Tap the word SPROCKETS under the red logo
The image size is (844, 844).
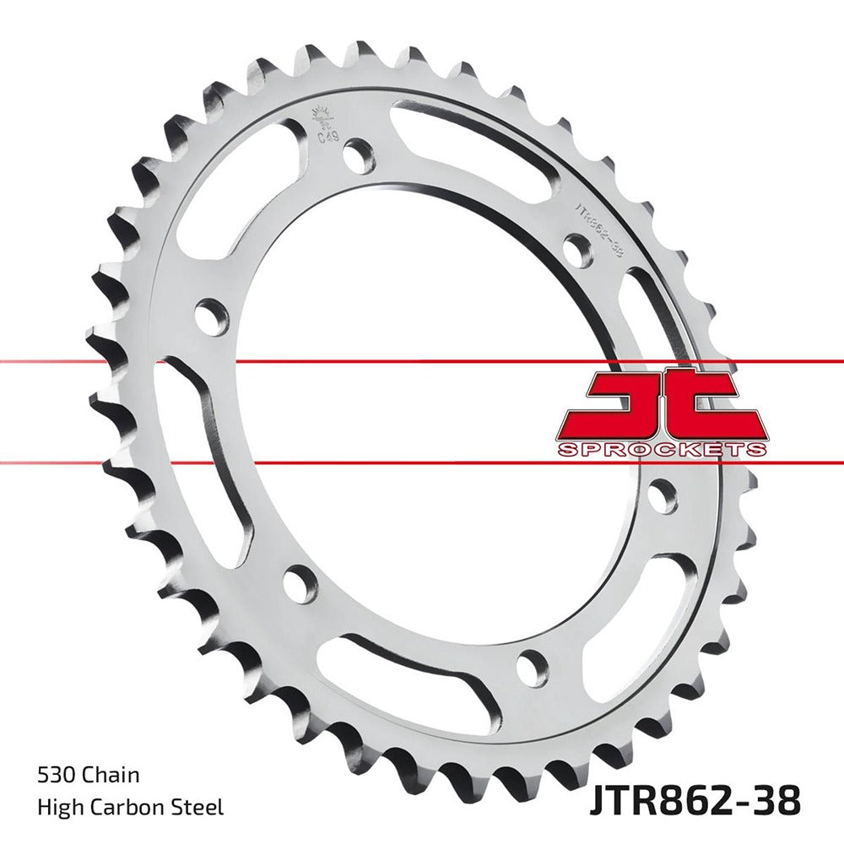662,448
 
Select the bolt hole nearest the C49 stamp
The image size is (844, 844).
361,157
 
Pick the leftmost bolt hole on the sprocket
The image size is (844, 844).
211,316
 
